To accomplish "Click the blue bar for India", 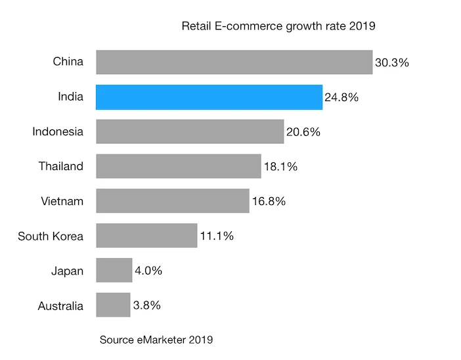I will [209, 97].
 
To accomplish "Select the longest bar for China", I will [234, 62].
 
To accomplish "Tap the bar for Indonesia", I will [190, 131].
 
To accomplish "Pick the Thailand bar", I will [178, 166].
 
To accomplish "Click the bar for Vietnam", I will [172, 201].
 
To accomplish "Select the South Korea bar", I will [146, 236].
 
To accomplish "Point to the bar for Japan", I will [114, 270].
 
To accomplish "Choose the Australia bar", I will [113, 305].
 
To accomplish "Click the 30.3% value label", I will [392, 63].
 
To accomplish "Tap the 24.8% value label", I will [341, 98].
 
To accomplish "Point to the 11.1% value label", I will [217, 236].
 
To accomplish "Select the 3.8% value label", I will [146, 305].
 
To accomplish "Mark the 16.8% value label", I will [269, 202].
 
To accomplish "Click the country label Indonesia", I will [58, 131].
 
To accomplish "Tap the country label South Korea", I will [51, 236].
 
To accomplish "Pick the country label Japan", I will [67, 270].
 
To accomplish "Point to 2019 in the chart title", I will [361, 26].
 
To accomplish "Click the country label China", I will [68, 62].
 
